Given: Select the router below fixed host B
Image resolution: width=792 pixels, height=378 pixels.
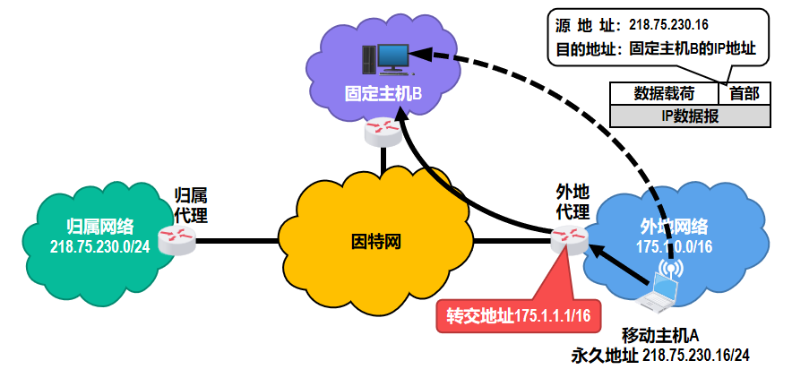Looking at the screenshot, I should (x=383, y=132).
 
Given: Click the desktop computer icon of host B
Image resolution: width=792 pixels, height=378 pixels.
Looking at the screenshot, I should (x=386, y=59).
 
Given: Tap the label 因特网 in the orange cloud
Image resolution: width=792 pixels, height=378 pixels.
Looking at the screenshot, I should (x=375, y=240).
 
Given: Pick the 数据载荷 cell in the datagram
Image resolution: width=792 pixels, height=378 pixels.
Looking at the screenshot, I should (x=664, y=93).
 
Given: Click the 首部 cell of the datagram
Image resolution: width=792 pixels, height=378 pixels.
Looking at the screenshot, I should (x=744, y=93).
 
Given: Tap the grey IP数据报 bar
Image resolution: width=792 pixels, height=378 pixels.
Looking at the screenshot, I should (x=689, y=116).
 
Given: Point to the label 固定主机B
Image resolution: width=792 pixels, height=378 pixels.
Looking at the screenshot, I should (x=383, y=93).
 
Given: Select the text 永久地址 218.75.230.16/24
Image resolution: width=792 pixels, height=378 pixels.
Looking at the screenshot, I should (x=660, y=356).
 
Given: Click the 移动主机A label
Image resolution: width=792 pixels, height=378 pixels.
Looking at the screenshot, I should (x=660, y=336).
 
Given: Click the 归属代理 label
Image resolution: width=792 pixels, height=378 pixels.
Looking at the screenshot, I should (x=191, y=205).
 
